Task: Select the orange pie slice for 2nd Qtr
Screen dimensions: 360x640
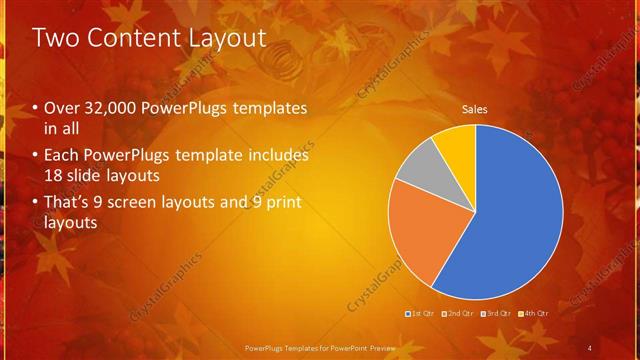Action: [x=415, y=230]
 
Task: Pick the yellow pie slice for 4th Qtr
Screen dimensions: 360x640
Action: [x=456, y=143]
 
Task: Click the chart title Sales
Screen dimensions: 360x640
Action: [x=474, y=110]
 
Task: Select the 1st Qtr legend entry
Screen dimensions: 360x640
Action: [x=422, y=314]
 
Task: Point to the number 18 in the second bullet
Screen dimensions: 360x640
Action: [x=54, y=174]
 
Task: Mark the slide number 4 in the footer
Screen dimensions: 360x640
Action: [x=590, y=347]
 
